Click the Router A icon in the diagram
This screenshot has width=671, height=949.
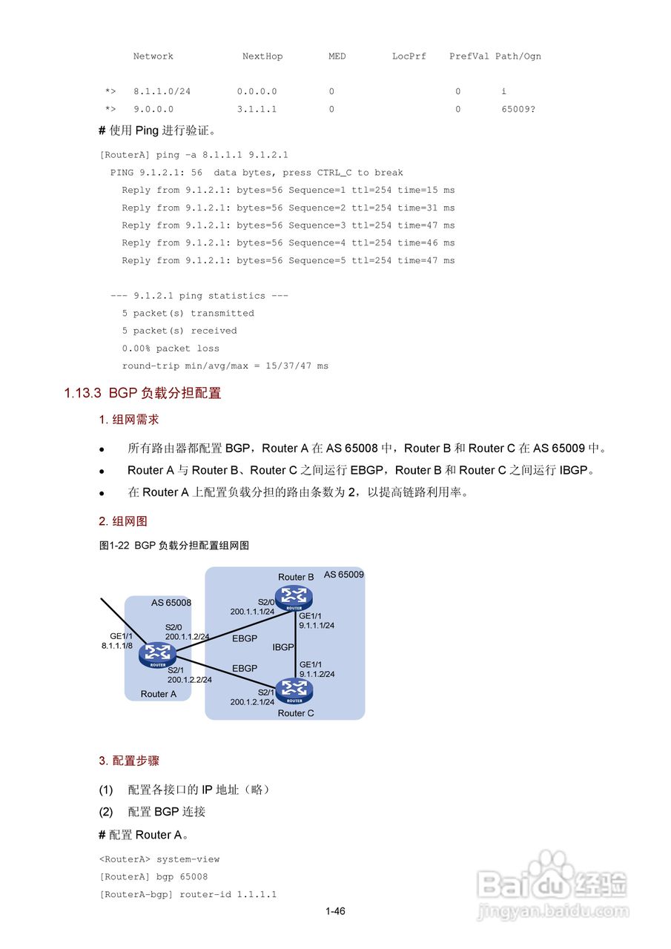click(x=158, y=655)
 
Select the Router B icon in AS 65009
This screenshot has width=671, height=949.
click(x=294, y=596)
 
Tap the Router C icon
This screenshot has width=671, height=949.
click(x=294, y=690)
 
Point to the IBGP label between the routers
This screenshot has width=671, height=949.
click(x=283, y=647)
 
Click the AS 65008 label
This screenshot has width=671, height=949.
click(x=171, y=603)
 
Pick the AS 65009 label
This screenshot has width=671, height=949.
click(x=343, y=575)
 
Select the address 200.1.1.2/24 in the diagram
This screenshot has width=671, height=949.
click(x=187, y=636)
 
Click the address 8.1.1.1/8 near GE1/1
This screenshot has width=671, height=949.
click(x=117, y=646)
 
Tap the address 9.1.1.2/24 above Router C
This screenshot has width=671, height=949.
click(x=317, y=674)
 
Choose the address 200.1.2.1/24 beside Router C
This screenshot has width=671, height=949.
click(x=252, y=701)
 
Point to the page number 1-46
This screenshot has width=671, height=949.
click(x=335, y=911)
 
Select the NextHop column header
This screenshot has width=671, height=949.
click(x=262, y=56)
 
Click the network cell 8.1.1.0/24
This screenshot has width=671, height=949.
click(x=162, y=91)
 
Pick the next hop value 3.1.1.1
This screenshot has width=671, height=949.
click(x=257, y=109)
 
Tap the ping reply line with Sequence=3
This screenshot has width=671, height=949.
click(x=288, y=225)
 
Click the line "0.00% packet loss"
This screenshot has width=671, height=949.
click(x=171, y=348)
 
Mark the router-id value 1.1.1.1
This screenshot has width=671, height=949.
click(x=256, y=895)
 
